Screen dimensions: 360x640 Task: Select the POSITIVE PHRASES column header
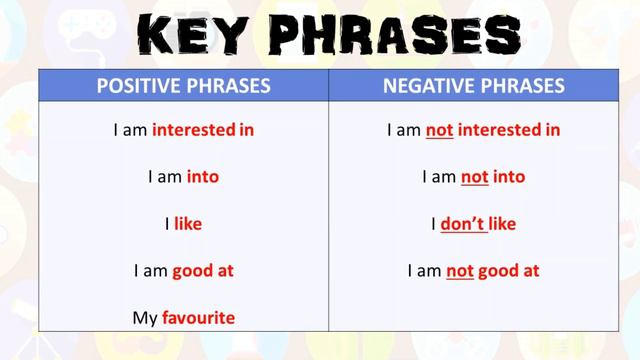(183, 86)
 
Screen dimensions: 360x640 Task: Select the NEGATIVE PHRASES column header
(474, 86)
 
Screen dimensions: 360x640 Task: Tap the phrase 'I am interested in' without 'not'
(183, 129)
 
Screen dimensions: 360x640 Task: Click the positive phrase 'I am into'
(183, 177)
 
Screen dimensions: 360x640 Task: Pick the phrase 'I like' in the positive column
(183, 224)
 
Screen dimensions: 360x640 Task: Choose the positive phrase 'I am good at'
(183, 271)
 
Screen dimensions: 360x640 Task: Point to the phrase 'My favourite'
(183, 318)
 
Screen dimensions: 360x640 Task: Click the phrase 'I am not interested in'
(474, 129)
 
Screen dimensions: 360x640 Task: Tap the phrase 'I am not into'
(474, 177)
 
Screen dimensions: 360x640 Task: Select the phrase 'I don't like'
(474, 224)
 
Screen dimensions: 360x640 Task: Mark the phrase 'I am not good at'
(474, 271)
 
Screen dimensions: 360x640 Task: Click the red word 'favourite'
(198, 318)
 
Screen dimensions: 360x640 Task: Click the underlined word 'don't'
(463, 224)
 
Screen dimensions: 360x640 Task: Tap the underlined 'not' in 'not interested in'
(439, 129)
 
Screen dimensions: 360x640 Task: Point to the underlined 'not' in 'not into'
(474, 177)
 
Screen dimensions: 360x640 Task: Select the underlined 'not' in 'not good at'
(459, 271)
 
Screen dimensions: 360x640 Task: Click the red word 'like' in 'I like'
(188, 224)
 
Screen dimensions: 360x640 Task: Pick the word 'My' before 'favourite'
(145, 318)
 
